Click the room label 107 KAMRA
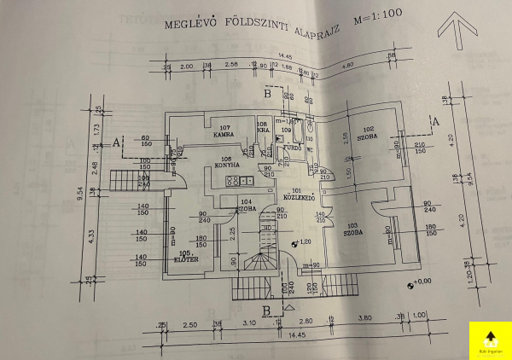pyautogui.click(x=224, y=131)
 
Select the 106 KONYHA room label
pyautogui.click(x=226, y=163)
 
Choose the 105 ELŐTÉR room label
pyautogui.click(x=186, y=255)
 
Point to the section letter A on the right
pyautogui.click(x=437, y=122)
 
